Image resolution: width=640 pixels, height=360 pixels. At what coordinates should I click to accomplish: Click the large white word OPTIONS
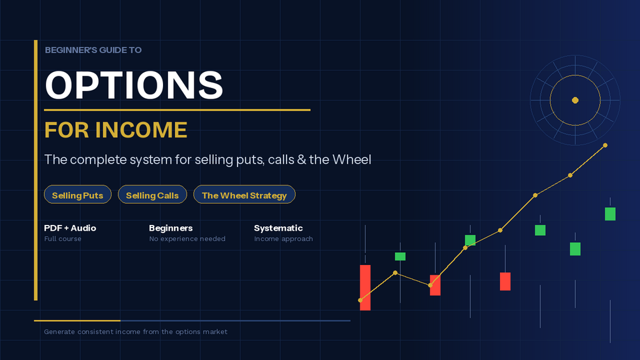(134, 85)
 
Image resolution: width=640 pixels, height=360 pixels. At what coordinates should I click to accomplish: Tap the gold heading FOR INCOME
(115, 130)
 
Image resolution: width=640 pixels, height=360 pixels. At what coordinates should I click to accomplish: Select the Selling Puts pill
(78, 195)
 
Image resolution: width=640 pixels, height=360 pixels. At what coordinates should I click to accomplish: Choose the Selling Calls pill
(152, 195)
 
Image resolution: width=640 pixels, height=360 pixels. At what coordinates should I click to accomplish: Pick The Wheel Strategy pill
(244, 195)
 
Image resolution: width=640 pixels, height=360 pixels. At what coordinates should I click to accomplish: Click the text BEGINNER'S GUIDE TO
(93, 50)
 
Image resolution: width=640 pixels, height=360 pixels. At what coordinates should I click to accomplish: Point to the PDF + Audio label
(70, 228)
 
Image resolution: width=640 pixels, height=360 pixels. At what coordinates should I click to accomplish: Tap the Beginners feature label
(171, 228)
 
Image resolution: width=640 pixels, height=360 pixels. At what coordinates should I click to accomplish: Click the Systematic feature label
(278, 228)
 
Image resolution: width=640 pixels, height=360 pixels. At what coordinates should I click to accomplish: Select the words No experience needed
(187, 239)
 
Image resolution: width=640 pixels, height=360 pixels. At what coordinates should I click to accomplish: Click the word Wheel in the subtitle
(352, 159)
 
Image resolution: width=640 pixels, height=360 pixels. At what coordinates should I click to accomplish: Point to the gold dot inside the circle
(575, 100)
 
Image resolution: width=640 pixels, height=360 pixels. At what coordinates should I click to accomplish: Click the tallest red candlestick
(366, 288)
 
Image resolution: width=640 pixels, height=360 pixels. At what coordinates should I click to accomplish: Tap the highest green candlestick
(610, 214)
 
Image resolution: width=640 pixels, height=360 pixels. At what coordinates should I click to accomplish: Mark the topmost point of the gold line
(606, 145)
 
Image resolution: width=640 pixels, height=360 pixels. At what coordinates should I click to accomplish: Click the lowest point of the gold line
(360, 300)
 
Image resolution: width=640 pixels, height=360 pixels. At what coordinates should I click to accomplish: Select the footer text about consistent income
(136, 332)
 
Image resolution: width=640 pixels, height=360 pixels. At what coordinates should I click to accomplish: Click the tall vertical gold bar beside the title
(36, 170)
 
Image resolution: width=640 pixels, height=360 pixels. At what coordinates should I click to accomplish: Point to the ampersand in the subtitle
(302, 159)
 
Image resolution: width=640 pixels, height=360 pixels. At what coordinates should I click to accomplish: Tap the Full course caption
(62, 239)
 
